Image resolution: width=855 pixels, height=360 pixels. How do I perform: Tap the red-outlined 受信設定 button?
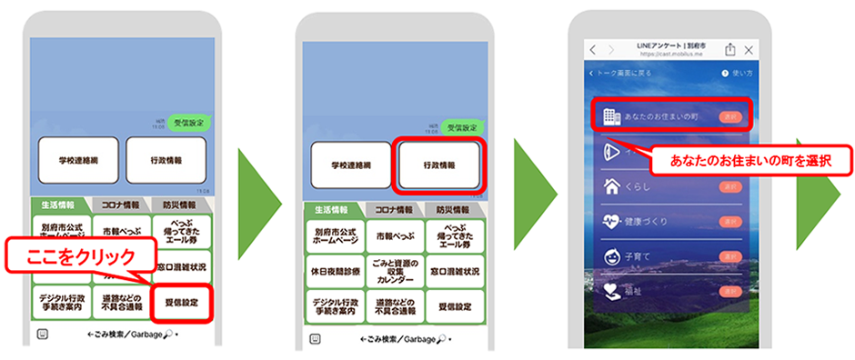coord(183,301)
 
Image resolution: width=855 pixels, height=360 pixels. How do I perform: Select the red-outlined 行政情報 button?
coord(439,165)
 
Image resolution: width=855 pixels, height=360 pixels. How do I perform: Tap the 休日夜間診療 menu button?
coord(334,270)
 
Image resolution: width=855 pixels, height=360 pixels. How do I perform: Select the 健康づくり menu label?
coord(645,221)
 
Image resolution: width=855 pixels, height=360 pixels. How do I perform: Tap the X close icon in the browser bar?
coord(749,50)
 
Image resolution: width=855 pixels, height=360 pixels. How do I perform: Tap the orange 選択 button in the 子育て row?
coord(730,257)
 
